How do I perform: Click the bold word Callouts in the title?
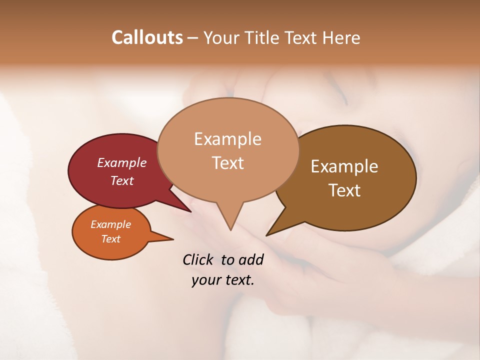click(x=147, y=37)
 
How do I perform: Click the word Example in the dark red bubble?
click(x=122, y=162)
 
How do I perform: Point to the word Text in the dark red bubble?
click(x=122, y=180)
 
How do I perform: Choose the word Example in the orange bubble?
click(x=110, y=224)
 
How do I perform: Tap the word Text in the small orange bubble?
click(x=110, y=239)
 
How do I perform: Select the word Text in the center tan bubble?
click(x=227, y=162)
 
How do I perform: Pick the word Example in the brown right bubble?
click(x=344, y=166)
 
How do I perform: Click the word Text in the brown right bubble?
click(x=344, y=190)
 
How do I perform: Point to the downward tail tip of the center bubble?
click(x=230, y=229)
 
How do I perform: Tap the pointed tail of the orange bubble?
click(x=171, y=238)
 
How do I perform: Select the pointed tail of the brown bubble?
click(x=268, y=234)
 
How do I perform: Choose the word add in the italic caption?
click(x=250, y=259)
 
